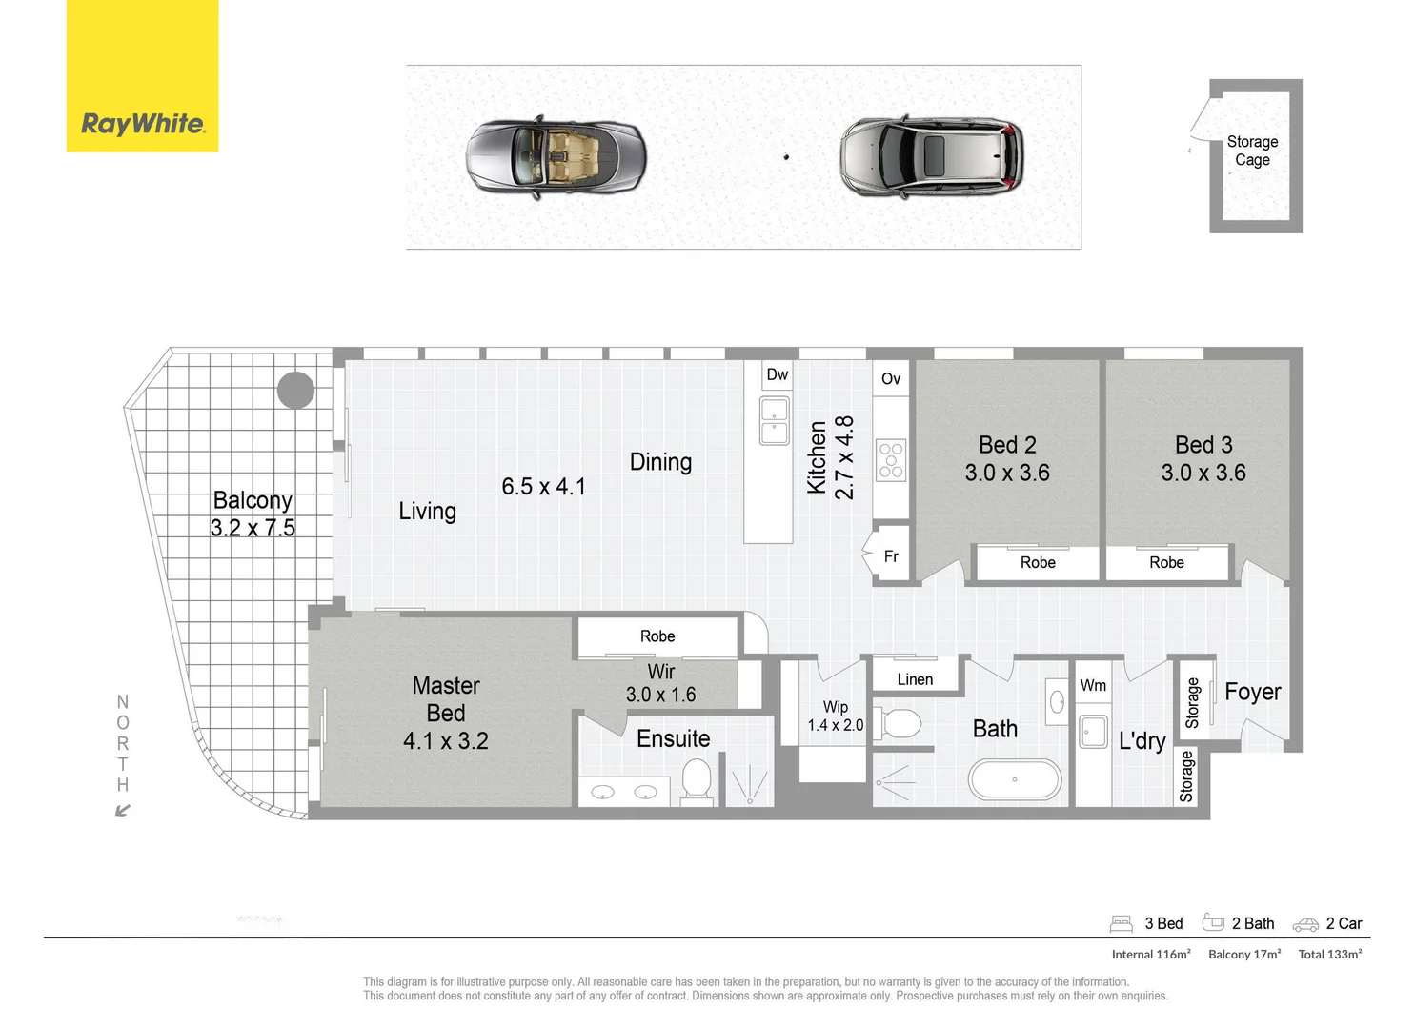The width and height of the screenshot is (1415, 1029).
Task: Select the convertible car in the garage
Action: point(556,158)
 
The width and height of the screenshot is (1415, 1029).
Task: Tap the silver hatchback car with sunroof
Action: point(931,157)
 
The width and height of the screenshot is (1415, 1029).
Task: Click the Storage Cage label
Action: point(1252,151)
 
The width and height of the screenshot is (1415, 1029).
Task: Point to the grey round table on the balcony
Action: point(295,390)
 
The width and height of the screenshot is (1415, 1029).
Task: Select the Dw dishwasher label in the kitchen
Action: point(778,374)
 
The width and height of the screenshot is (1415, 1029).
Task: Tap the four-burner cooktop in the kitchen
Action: point(891,459)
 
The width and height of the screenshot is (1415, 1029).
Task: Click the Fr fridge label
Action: point(891,556)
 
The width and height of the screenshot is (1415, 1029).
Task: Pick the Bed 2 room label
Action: point(1007,445)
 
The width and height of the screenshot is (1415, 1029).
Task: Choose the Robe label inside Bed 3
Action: point(1166,563)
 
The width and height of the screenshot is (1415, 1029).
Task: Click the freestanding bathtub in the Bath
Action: point(1015,779)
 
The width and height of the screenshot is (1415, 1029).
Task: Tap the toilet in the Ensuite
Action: point(697,779)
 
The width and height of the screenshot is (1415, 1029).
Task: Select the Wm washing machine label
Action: point(1093,686)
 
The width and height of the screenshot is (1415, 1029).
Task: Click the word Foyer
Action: point(1252,693)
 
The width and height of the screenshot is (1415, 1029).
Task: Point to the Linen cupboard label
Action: point(915,679)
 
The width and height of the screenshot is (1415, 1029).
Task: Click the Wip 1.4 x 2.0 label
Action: point(836,716)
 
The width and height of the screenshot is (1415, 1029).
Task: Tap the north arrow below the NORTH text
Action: point(122,811)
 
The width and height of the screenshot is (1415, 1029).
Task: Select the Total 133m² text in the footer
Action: point(1329,954)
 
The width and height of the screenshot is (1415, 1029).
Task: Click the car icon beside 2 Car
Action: point(1305,924)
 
